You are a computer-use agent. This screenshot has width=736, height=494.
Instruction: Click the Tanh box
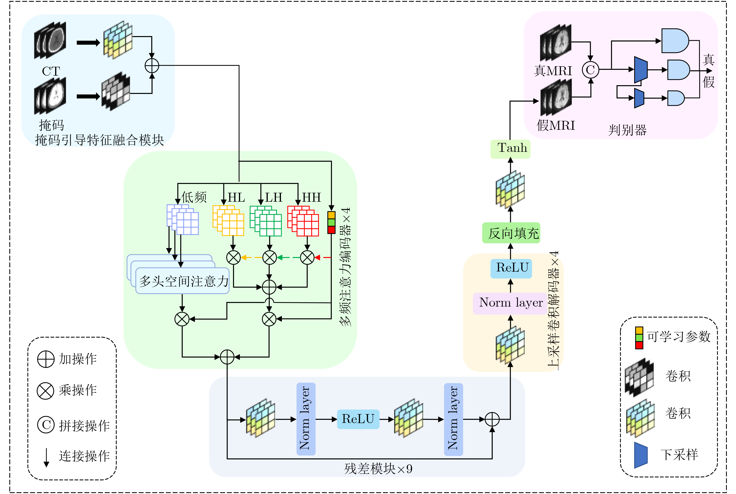[510, 148]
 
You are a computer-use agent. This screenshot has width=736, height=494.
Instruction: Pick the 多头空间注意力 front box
[183, 281]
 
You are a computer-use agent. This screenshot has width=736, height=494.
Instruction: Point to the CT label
[51, 71]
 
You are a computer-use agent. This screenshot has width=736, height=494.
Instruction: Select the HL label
[236, 198]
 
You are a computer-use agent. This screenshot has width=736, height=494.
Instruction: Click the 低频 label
[194, 198]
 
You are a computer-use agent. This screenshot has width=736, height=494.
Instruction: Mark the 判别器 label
[627, 130]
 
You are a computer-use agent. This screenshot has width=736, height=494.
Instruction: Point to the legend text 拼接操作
[84, 426]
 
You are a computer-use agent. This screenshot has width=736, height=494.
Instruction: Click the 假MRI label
[556, 125]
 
